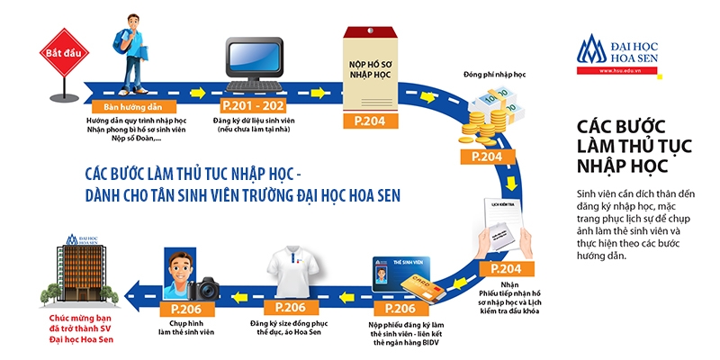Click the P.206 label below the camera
tap(185, 308)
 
